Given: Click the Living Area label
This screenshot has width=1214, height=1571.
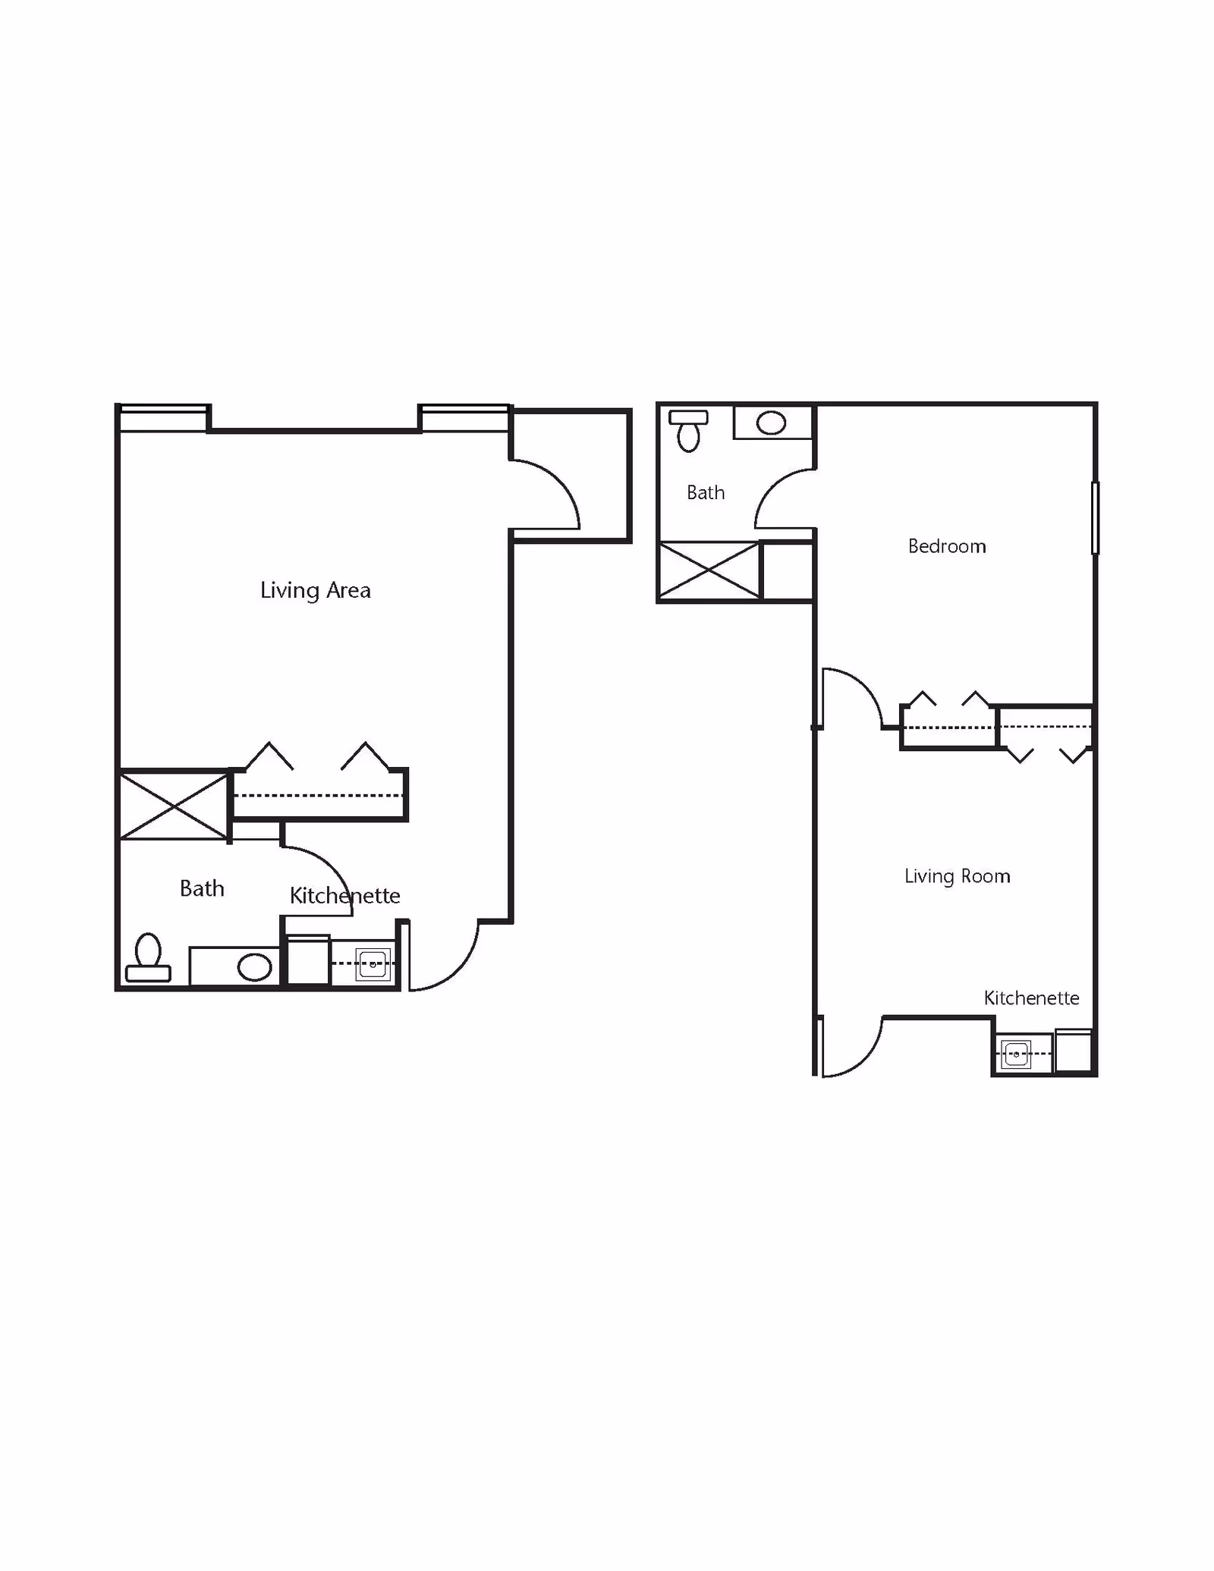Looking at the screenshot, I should coord(315,590).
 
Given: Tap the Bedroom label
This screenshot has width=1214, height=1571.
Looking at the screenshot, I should coord(946,546).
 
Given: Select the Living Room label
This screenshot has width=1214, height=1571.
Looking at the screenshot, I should coord(957,876).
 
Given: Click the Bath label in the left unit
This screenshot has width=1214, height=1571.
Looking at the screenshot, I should coord(202,888).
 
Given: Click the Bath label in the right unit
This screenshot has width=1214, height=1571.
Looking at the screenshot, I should coord(705,493).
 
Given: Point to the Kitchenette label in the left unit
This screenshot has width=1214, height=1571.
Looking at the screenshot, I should coord(344,896).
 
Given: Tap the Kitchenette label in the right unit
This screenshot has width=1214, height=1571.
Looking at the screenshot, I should coord(1031,998).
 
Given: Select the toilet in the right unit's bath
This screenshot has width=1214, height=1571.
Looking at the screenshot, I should coord(688,430).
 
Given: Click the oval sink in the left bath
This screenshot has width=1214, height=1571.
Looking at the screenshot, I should coord(254,968).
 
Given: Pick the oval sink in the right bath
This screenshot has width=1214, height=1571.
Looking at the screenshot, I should coord(771,423).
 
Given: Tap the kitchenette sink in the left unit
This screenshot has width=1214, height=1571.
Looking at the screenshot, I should coord(373,964).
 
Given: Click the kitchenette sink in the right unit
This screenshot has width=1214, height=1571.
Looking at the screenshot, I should coord(1015,1054).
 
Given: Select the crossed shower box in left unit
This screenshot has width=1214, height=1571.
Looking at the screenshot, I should coord(174,806).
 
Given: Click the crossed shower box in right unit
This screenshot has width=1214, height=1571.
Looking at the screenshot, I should coord(709,570).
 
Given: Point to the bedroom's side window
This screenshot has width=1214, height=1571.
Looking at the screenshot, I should coord(1095,517).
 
